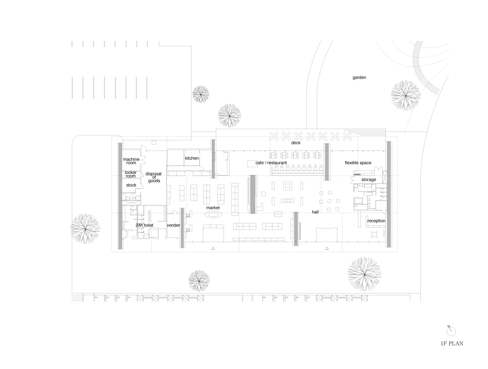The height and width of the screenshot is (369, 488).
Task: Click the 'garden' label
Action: pyautogui.click(x=359, y=77)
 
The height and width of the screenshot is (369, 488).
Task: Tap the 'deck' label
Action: pyautogui.click(x=296, y=143)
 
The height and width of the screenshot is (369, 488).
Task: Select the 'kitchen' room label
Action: pyautogui.click(x=192, y=158)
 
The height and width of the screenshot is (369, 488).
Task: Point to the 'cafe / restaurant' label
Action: pyautogui.click(x=271, y=163)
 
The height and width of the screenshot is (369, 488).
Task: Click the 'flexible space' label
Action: pyautogui.click(x=358, y=163)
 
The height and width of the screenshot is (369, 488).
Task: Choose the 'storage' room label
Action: pyautogui.click(x=369, y=180)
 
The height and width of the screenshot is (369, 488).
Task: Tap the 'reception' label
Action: pyautogui.click(x=376, y=221)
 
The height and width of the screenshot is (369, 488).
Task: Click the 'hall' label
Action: pyautogui.click(x=315, y=212)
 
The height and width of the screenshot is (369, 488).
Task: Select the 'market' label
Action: pyautogui.click(x=213, y=207)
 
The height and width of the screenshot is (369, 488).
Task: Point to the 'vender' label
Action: pyautogui.click(x=173, y=225)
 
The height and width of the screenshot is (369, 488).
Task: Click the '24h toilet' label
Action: pyautogui.click(x=144, y=225)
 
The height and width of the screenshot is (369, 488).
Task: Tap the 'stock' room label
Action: pyautogui.click(x=131, y=185)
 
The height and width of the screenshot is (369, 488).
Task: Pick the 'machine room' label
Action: pyautogui.click(x=131, y=161)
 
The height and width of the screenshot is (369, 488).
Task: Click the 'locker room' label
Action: pyautogui.click(x=131, y=174)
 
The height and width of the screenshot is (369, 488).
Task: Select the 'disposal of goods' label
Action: pyautogui.click(x=154, y=177)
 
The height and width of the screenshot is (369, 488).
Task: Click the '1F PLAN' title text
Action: pyautogui.click(x=452, y=344)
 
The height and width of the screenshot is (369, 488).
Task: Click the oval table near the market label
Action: pyautogui.click(x=213, y=215)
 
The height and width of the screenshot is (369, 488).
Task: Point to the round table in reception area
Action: pyautogui.click(x=374, y=234)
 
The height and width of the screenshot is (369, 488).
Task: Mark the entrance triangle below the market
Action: pyautogui.click(x=213, y=248)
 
